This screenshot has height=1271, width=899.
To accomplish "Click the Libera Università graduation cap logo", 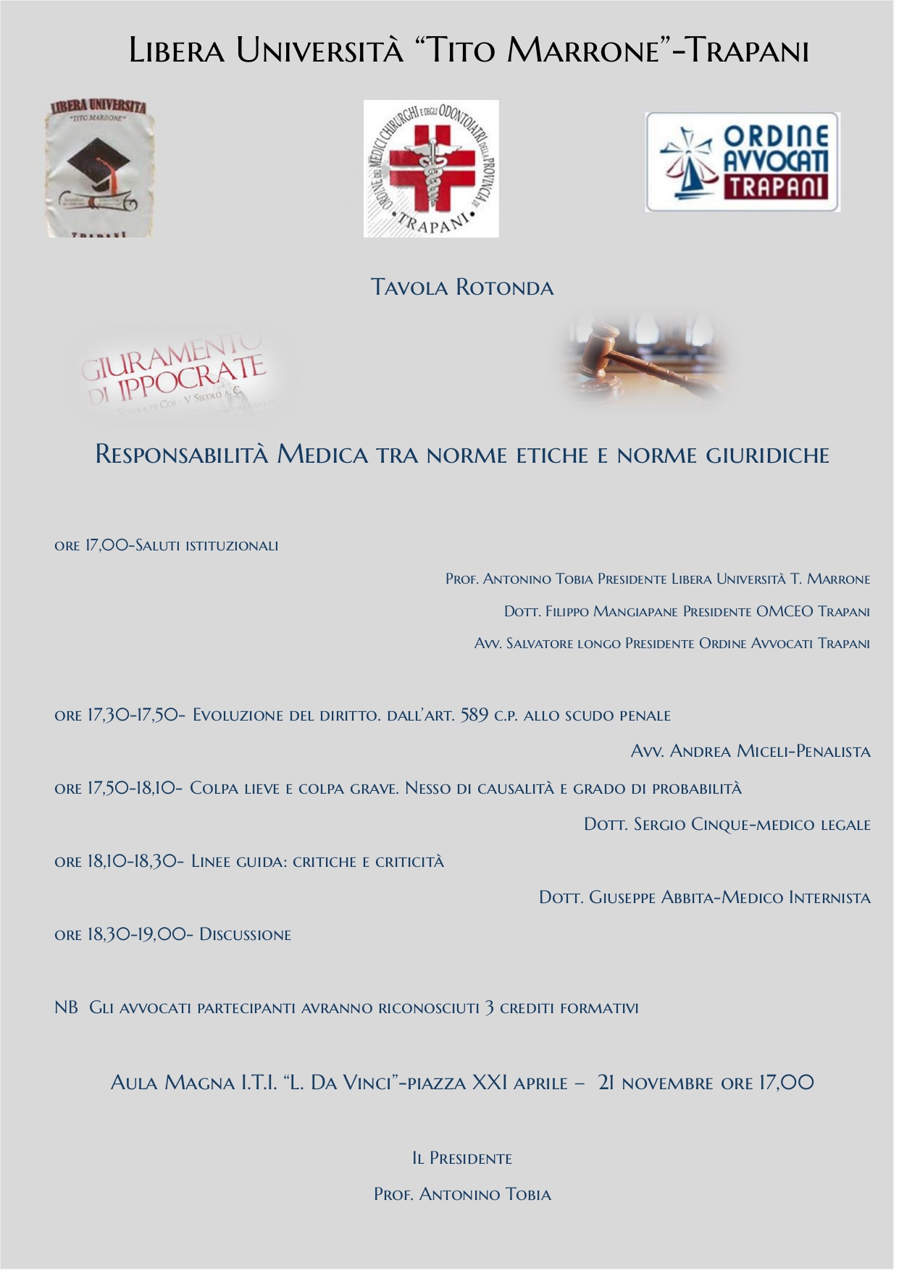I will [x=101, y=168].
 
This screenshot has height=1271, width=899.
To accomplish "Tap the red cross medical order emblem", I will [x=430, y=169].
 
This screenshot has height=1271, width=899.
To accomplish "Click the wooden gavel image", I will [x=644, y=360].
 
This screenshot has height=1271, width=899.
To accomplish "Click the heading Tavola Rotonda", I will [x=461, y=288].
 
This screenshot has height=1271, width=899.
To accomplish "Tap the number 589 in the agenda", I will [x=474, y=716].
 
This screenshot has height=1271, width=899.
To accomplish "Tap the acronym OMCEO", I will [x=785, y=612].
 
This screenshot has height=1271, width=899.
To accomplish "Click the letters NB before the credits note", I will [x=66, y=1008].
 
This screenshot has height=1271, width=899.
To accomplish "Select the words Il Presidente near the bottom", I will [x=461, y=1159].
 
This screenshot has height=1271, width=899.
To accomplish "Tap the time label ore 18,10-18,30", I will [x=119, y=862].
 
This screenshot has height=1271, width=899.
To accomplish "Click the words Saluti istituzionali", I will [x=207, y=546].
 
